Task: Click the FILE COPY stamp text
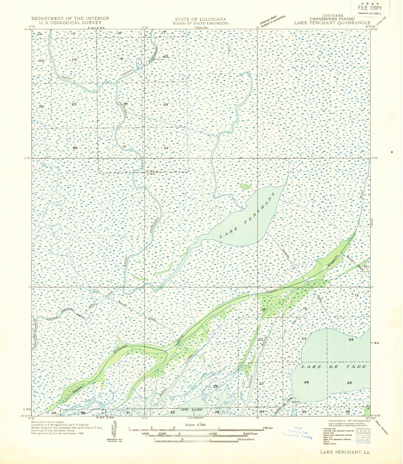[370, 8]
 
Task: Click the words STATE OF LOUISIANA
[200, 19]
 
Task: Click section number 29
[165, 105]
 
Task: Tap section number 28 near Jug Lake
[215, 386]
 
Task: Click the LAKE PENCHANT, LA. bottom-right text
[345, 452]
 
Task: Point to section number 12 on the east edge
[365, 266]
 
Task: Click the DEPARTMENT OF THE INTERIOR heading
[70, 19]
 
